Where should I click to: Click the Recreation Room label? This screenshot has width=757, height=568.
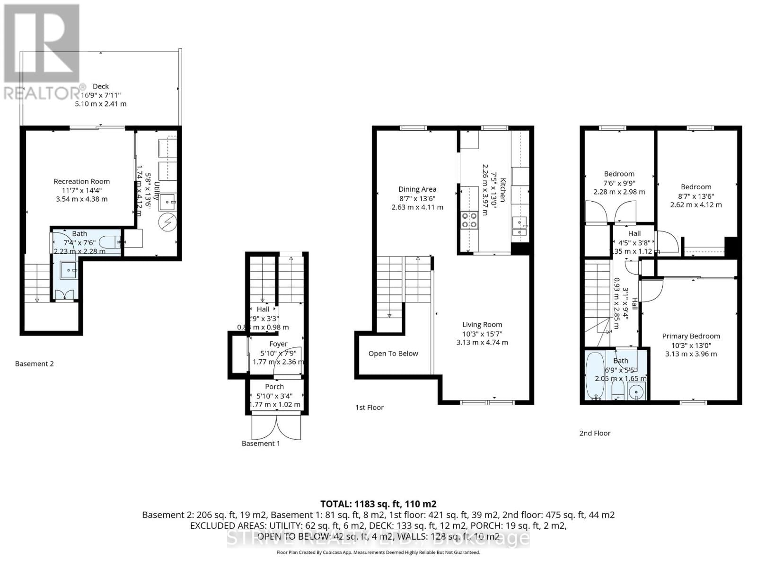[x=81, y=181]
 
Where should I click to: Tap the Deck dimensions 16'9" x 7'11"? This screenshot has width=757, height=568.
[x=100, y=95]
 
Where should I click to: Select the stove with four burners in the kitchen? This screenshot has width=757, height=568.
[x=469, y=220]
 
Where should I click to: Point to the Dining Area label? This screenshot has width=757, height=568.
[x=417, y=189]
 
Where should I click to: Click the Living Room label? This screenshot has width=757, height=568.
[x=482, y=325]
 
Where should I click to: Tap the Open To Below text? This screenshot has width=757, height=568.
[x=393, y=354]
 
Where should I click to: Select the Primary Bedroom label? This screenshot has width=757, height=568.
[x=691, y=336]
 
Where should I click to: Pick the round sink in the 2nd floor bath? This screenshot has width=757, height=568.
[x=637, y=391]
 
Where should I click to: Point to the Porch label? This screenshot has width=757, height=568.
[x=274, y=387]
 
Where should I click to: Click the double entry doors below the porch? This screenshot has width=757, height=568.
[x=276, y=426]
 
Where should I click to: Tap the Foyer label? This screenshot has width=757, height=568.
[x=278, y=344]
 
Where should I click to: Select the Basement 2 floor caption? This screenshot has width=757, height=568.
[x=35, y=364]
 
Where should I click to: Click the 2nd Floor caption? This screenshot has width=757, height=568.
[x=595, y=433]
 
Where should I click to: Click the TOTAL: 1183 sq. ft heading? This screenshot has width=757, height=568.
[x=378, y=504]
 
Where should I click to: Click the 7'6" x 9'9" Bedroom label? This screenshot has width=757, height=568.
[x=619, y=174]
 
